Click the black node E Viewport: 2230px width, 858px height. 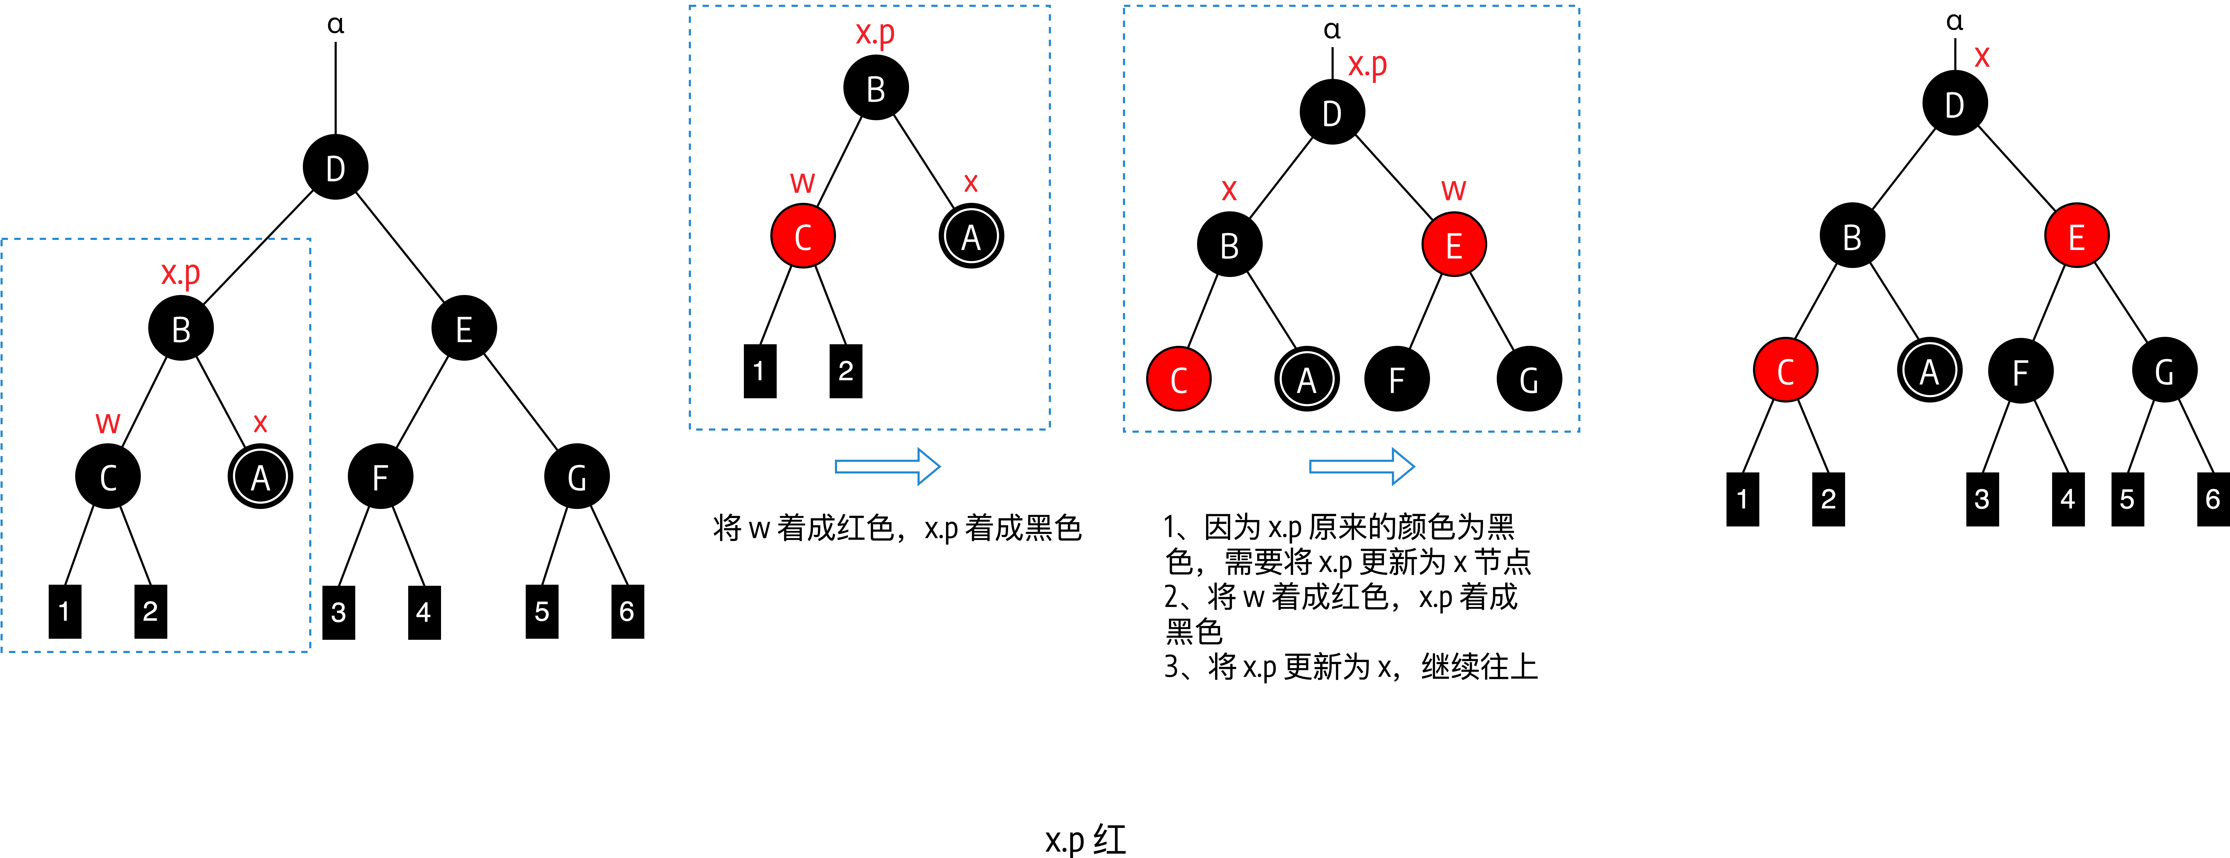pyautogui.click(x=464, y=328)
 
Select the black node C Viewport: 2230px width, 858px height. pyautogui.click(x=108, y=476)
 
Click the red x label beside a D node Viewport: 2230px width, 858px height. pyautogui.click(x=1981, y=57)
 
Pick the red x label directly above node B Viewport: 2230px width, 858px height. pyautogui.click(x=1229, y=190)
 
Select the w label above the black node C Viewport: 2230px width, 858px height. pyautogui.click(x=107, y=422)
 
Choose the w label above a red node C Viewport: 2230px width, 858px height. pyautogui.click(x=802, y=183)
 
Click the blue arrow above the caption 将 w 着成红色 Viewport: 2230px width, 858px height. pyautogui.click(x=887, y=467)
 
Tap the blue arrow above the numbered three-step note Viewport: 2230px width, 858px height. pyautogui.click(x=1361, y=467)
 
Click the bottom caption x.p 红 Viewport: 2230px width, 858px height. pyautogui.click(x=1086, y=839)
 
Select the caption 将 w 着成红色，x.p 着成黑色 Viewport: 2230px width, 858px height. pyautogui.click(x=897, y=527)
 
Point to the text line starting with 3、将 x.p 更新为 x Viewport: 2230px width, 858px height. pyautogui.click(x=1350, y=667)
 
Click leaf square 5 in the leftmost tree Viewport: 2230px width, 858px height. pyautogui.click(x=542, y=611)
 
